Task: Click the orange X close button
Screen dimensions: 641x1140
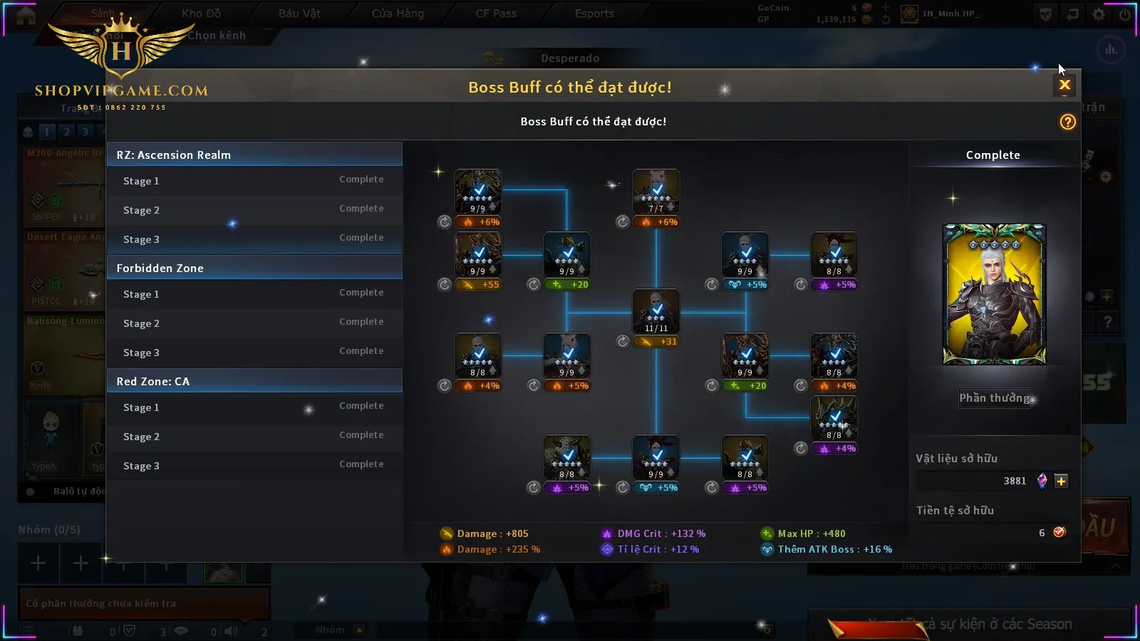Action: (x=1064, y=85)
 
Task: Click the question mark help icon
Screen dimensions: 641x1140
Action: (x=1067, y=122)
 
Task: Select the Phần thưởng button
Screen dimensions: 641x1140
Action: (x=994, y=398)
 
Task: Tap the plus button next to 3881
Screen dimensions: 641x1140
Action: (x=1061, y=481)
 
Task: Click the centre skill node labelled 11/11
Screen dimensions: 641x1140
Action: (x=656, y=311)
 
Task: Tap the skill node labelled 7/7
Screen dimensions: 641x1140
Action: (x=656, y=192)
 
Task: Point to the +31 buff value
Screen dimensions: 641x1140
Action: (x=668, y=342)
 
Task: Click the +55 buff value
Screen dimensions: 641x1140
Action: (x=490, y=285)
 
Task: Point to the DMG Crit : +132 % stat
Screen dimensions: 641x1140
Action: (x=660, y=533)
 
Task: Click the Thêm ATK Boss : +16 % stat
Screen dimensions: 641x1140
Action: (x=834, y=549)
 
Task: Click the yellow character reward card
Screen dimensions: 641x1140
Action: (x=994, y=294)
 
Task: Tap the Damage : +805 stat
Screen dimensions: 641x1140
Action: (x=492, y=533)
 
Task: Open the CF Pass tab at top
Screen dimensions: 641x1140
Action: (x=496, y=14)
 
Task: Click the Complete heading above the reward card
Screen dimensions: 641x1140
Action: (x=993, y=155)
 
